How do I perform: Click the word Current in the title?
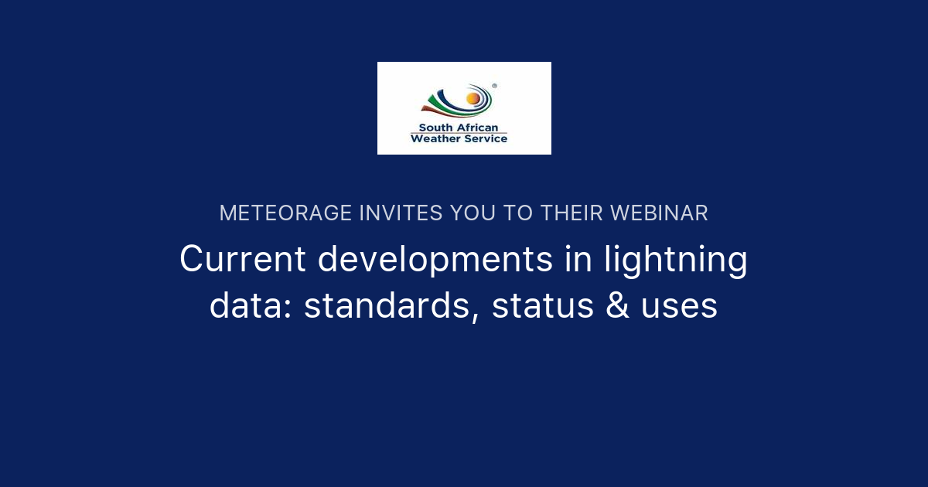coord(243,260)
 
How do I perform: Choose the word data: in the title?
coord(251,306)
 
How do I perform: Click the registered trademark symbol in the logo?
coord(494,87)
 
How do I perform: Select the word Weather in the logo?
coord(435,139)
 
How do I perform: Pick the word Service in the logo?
coord(484,139)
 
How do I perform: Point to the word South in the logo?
coord(435,128)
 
